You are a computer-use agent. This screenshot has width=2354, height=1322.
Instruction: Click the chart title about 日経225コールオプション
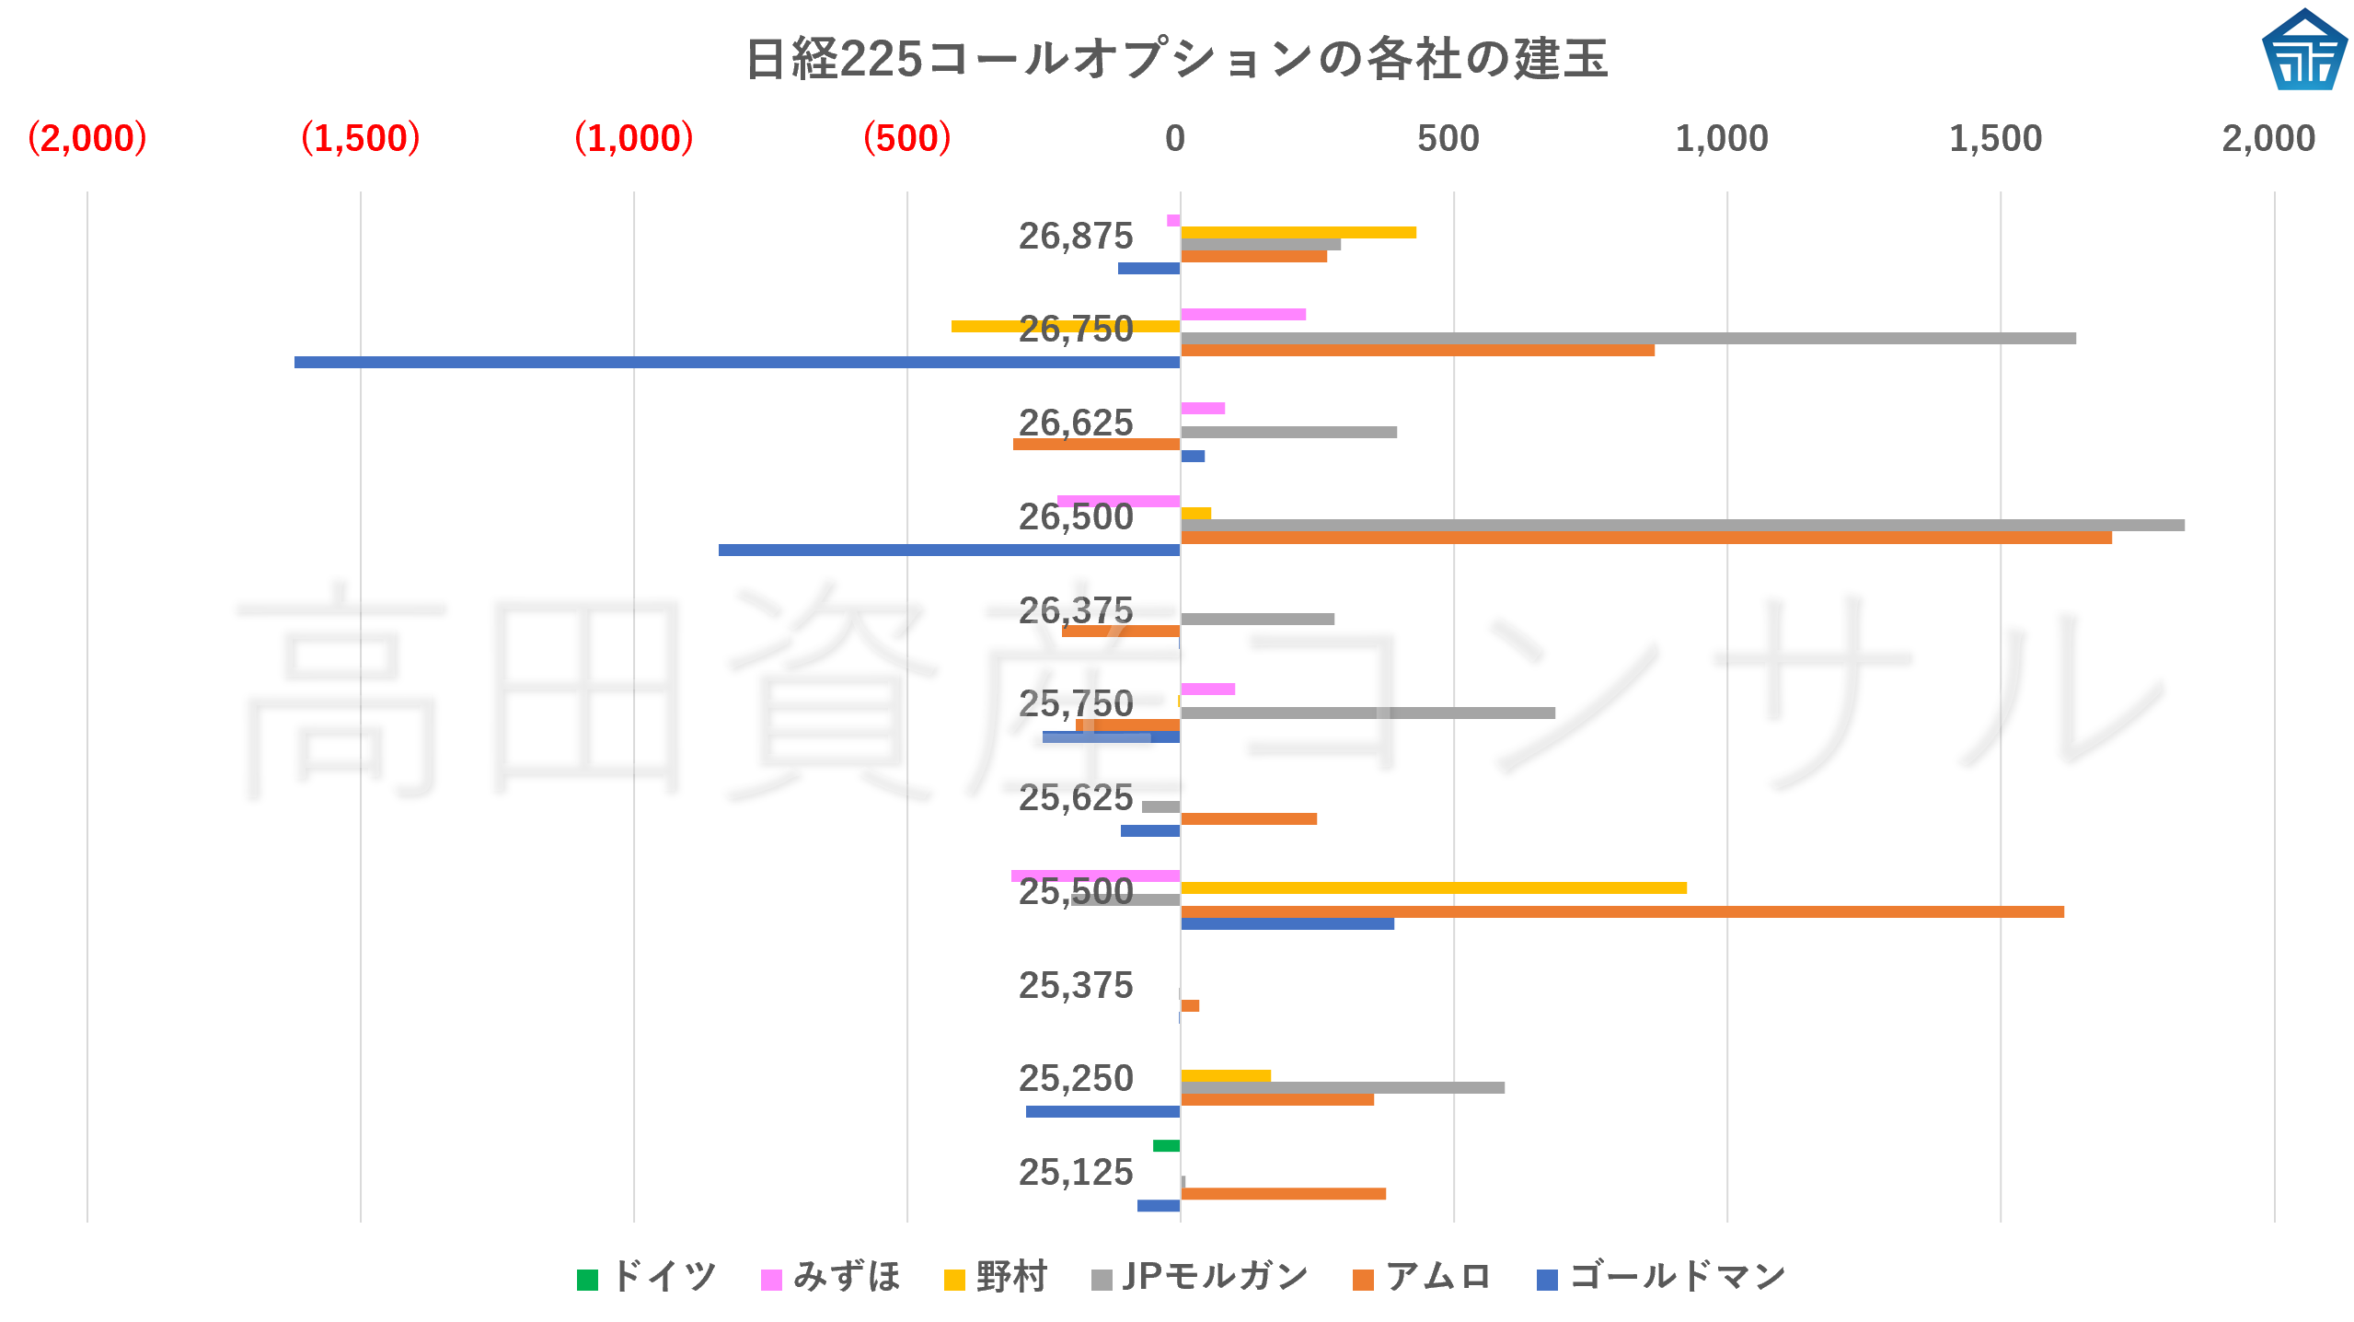click(1176, 59)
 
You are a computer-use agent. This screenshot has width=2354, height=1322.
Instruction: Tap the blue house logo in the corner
click(2303, 51)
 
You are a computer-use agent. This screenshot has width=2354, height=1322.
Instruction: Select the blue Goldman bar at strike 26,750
click(736, 363)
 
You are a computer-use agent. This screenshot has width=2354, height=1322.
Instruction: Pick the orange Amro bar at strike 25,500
click(1621, 911)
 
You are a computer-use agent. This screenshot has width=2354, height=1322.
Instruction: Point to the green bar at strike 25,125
click(1166, 1145)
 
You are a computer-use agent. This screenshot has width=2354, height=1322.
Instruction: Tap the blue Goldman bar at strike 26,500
click(949, 550)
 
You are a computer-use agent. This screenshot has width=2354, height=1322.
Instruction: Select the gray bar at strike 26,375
click(1257, 619)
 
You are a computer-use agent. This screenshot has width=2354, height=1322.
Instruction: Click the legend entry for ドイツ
click(647, 1278)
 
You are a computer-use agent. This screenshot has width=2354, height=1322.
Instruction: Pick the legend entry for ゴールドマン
click(1662, 1278)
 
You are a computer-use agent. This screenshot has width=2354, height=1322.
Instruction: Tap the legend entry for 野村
click(997, 1278)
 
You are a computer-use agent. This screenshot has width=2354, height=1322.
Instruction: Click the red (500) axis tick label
click(906, 138)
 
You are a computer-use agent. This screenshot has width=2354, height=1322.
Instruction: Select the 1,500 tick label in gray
click(1995, 138)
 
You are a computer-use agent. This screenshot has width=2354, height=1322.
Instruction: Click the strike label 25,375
click(1075, 985)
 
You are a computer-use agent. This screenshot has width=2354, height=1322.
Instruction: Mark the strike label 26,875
click(1075, 237)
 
